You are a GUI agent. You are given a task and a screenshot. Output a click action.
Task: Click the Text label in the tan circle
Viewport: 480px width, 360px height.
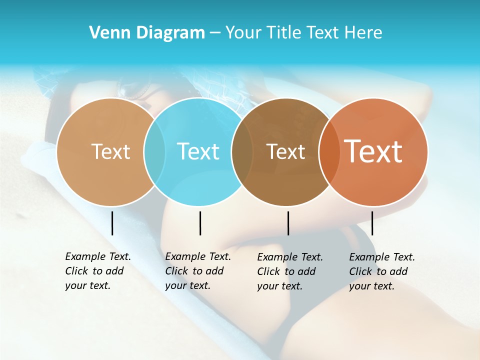point(110,151)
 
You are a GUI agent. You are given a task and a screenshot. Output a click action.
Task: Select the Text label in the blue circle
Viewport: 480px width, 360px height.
point(198,151)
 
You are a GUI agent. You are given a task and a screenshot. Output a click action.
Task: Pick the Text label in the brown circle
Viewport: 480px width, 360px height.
point(286,151)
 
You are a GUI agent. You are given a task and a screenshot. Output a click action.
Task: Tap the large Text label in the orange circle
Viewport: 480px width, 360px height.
point(373,151)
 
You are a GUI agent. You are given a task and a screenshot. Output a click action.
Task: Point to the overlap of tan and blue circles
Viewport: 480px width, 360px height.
point(154,151)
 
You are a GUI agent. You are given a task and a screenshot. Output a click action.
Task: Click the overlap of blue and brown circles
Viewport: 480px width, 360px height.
point(242,151)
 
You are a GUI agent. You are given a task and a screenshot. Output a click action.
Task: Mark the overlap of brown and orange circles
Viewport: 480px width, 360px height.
point(329,151)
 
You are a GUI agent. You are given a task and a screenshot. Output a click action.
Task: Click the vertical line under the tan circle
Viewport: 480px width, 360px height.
point(112,223)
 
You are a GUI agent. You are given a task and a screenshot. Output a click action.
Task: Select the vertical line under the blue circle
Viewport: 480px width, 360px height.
point(200,223)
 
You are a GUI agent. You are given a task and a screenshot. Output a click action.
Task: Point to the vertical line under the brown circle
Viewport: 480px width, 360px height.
point(288,223)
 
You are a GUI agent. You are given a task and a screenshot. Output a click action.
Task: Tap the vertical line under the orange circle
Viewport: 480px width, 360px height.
point(372,223)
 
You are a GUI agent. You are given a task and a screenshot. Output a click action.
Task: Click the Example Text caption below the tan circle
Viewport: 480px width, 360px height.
point(97,271)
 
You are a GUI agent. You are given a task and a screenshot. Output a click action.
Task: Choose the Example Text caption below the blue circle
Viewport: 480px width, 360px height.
point(197,271)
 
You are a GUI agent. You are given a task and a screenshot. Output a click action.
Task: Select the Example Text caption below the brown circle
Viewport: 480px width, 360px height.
point(289,271)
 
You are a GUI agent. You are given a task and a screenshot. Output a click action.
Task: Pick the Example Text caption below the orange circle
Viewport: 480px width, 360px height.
point(381,271)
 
